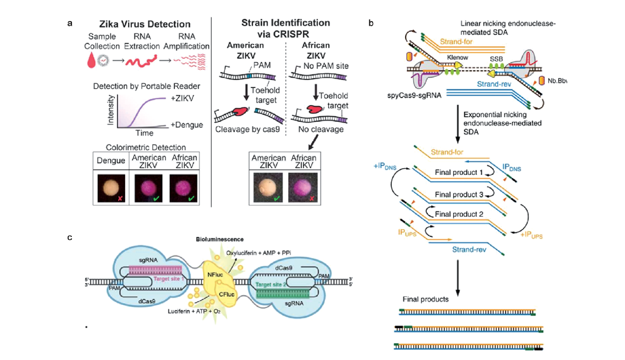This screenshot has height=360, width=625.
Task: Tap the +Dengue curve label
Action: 186,124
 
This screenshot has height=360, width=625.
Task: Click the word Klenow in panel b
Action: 457,56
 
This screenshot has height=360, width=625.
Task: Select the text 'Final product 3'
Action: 462,195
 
